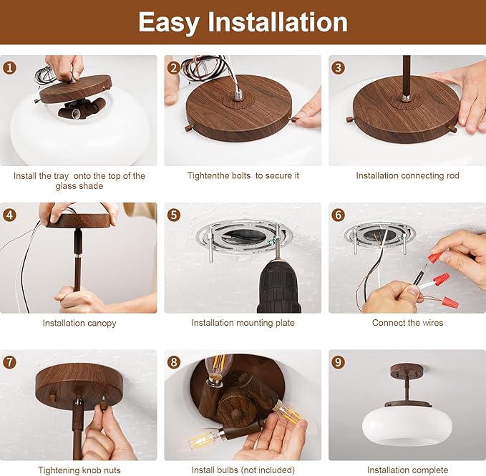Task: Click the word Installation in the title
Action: coord(278,21)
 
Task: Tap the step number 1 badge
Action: coord(9,68)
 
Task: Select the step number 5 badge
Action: coord(174,215)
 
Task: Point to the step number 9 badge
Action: coord(338,362)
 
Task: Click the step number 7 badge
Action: coord(9,362)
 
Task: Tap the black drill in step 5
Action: coord(278,283)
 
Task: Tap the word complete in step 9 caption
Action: coord(429,470)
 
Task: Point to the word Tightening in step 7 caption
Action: coord(56,470)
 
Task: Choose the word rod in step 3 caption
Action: coord(452,175)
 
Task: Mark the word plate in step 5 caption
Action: coord(285,323)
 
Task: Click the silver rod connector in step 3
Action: coord(406,98)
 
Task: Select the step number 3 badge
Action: coord(338,68)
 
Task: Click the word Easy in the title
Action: coord(169,22)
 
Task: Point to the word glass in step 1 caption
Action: coord(65,186)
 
